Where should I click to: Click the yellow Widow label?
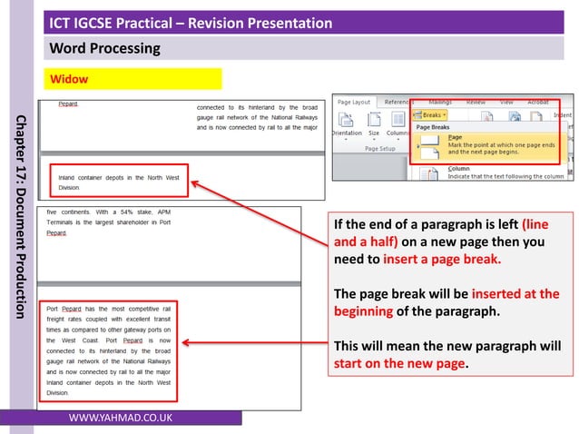pyautogui.click(x=69, y=79)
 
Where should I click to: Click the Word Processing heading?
pyautogui.click(x=104, y=48)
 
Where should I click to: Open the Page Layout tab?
pyautogui.click(x=354, y=103)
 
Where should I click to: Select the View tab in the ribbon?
pyautogui.click(x=506, y=103)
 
